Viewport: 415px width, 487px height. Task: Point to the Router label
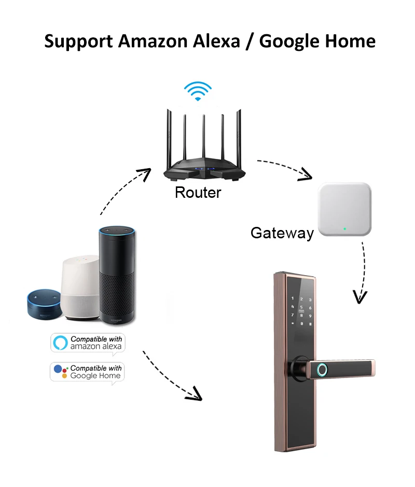coord(198,193)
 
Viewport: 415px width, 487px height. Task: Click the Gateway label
coord(282,232)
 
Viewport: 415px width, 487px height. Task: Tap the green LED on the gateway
coord(344,228)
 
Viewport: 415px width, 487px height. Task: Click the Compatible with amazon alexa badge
coord(88,343)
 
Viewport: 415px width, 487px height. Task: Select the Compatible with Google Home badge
coord(88,372)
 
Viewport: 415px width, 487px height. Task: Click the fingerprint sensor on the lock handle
coord(322,370)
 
